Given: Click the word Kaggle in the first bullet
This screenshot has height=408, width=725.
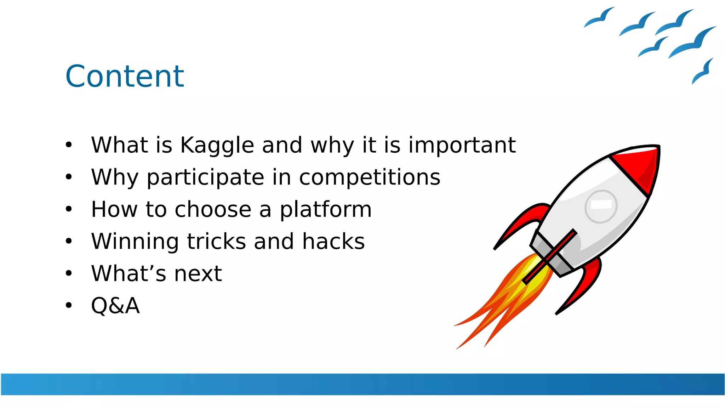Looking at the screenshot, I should (x=217, y=146).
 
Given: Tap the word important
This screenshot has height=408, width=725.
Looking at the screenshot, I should (x=462, y=146).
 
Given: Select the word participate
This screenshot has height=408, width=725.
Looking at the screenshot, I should (x=205, y=177).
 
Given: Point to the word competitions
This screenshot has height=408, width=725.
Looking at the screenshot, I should (x=370, y=177).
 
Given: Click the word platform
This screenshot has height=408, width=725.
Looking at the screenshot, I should (x=326, y=209).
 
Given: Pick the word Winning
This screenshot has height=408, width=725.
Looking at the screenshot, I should (x=135, y=242).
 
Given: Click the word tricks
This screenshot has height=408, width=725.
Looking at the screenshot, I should (x=216, y=242).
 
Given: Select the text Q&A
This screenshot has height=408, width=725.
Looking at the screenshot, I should (x=115, y=306).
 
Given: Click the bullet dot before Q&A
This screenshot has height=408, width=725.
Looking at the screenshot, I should (x=69, y=305).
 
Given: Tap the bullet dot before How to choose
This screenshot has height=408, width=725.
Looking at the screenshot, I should (x=69, y=209).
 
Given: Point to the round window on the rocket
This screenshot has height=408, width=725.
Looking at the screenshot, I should (x=601, y=206).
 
